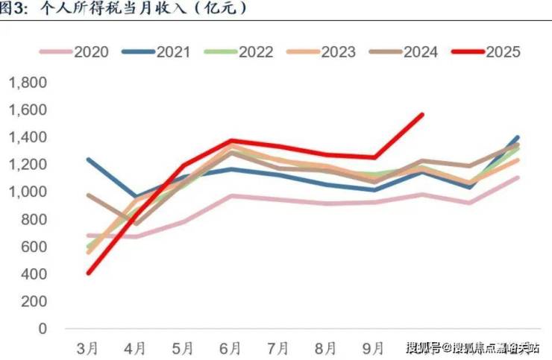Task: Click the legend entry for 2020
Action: click(x=75, y=52)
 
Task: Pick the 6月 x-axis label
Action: click(x=230, y=348)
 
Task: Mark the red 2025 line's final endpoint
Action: click(x=422, y=115)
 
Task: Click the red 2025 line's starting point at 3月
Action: click(x=89, y=273)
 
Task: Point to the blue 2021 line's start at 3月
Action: click(x=89, y=159)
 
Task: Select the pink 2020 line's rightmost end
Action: click(x=518, y=177)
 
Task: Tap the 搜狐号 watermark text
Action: click(x=423, y=347)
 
